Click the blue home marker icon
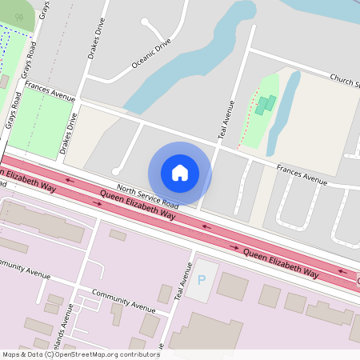pyautogui.click(x=180, y=172)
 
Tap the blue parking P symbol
pyautogui.click(x=202, y=280)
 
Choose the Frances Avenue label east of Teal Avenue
pyautogui.click(x=302, y=174)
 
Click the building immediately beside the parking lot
pyautogui.click(x=232, y=286)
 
